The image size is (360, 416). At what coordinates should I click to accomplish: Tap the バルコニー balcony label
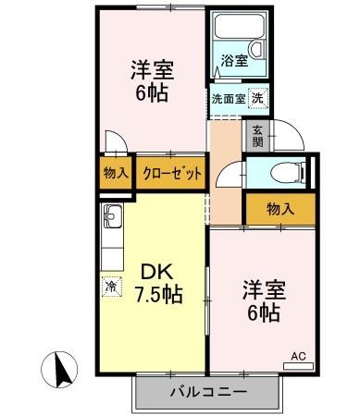tap(208, 392)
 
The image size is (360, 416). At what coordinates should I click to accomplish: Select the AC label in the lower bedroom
tap(298, 355)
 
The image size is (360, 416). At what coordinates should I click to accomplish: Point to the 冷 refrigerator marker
tap(110, 287)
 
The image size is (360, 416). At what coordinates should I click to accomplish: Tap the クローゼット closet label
tap(171, 172)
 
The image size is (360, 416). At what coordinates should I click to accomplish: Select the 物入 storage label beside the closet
tap(117, 172)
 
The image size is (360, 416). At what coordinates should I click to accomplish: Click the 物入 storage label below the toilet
tap(279, 209)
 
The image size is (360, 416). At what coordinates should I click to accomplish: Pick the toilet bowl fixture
tap(290, 172)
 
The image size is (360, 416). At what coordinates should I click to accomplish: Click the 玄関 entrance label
tap(256, 136)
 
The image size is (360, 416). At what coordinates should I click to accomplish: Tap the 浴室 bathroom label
tap(233, 62)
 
